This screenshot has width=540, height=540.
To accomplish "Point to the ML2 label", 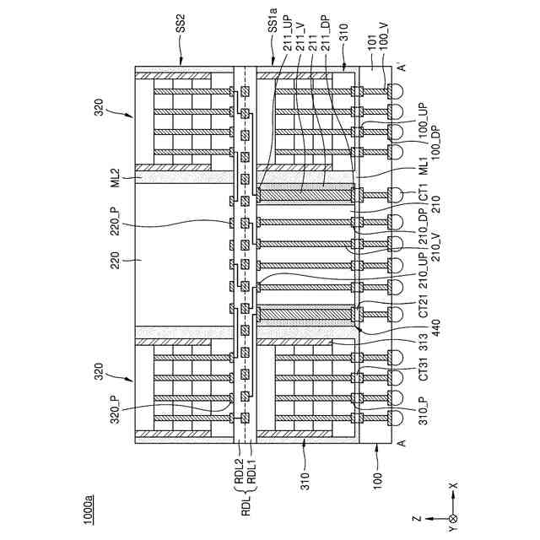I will click(115, 179).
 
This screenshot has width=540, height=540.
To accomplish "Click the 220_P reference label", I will click(116, 225).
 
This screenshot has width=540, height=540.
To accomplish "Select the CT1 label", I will click(425, 197).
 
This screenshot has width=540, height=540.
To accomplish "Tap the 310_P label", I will click(425, 409).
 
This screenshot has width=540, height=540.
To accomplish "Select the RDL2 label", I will click(239, 478).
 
